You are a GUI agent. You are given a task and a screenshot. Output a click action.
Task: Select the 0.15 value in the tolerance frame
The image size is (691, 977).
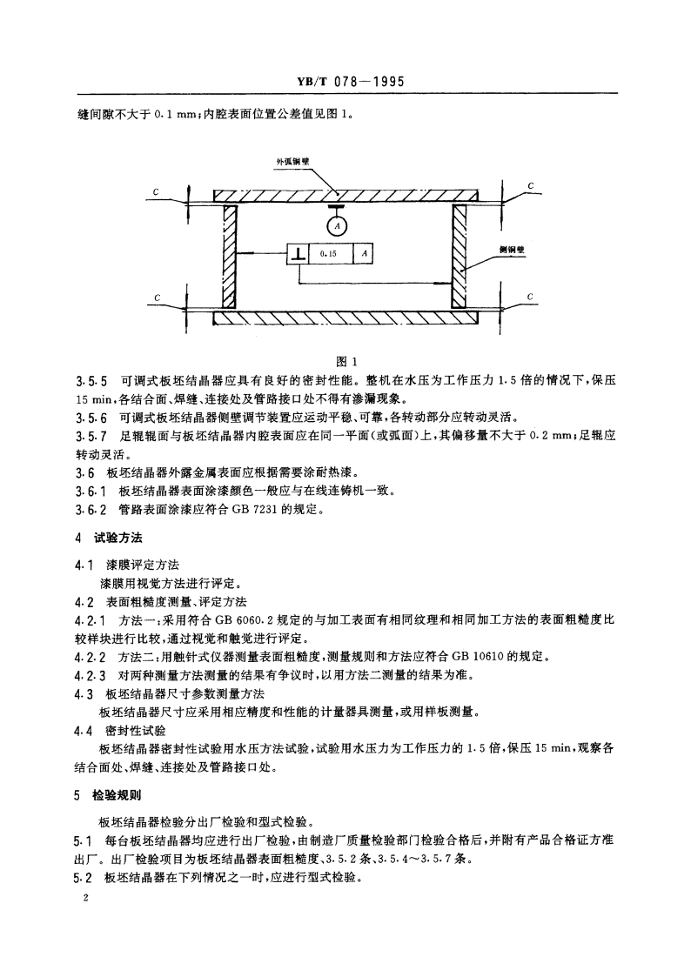[328, 253]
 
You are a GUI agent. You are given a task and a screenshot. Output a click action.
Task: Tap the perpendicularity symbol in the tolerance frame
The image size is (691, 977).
[299, 253]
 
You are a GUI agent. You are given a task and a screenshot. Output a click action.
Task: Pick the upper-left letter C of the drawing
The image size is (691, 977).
[155, 191]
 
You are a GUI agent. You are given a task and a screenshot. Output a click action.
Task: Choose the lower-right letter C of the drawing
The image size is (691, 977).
[530, 298]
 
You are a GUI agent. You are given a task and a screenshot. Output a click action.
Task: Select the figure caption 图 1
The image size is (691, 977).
[346, 363]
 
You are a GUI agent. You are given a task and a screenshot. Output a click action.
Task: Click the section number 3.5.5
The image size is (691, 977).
[91, 381]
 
